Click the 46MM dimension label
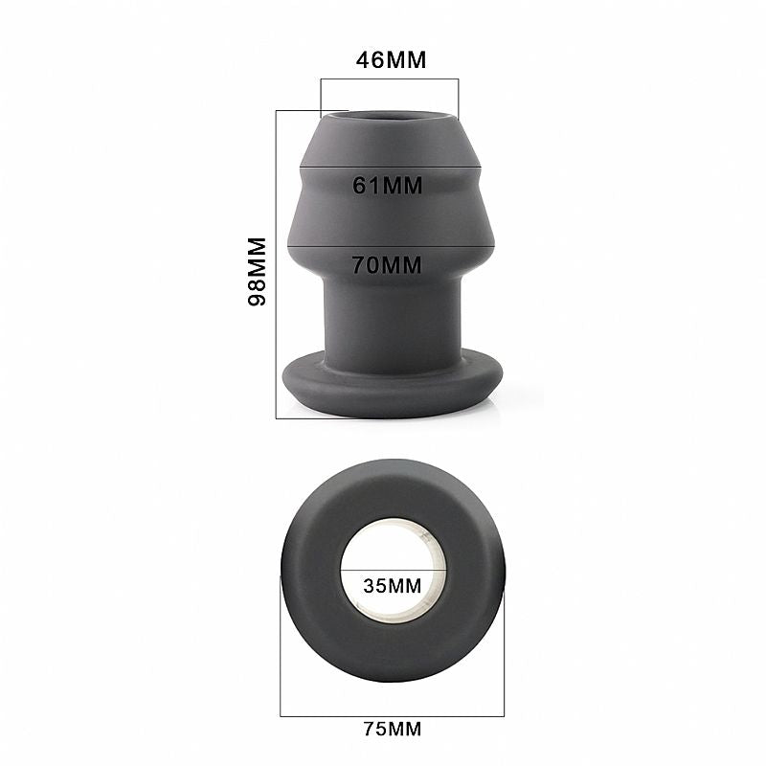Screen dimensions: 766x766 (391, 59)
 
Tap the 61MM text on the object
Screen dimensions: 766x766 (388, 186)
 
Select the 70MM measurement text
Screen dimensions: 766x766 (387, 266)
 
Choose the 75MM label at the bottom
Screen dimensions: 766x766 (392, 730)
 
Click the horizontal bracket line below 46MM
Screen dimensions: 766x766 (390, 79)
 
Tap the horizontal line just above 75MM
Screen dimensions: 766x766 (392, 715)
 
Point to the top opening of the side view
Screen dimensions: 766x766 (390, 120)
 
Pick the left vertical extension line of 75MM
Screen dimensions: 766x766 (280, 651)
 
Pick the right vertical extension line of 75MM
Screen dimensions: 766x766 (504, 651)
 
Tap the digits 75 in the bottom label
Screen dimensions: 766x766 (374, 730)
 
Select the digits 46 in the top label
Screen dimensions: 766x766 (370, 59)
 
